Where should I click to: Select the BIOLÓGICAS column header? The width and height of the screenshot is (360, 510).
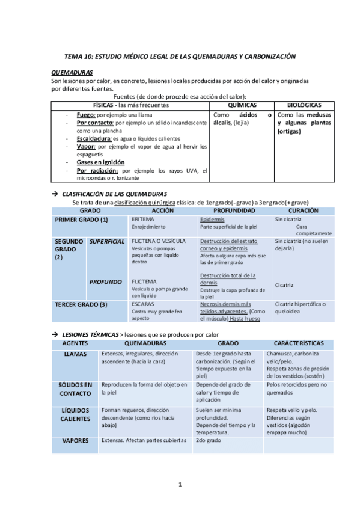[304, 105]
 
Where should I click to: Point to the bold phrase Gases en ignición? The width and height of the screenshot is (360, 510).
[100, 162]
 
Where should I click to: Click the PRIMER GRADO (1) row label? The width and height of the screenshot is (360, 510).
[81, 220]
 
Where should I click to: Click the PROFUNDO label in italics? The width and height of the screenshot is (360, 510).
[106, 281]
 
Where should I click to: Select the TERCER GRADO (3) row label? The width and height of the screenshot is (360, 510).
[81, 304]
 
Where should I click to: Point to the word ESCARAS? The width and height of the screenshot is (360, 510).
[143, 304]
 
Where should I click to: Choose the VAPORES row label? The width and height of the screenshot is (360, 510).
[76, 441]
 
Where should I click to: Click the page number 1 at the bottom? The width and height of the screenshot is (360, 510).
[180, 485]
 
